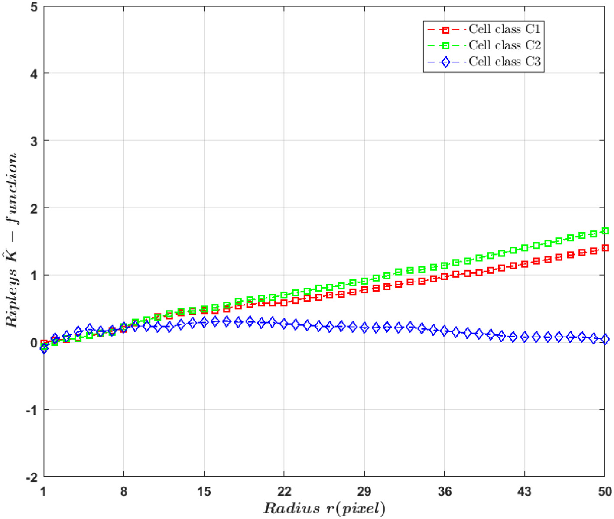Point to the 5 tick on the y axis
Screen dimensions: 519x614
[34, 7]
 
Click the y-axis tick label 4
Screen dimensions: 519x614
[34, 74]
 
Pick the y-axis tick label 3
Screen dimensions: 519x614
[34, 141]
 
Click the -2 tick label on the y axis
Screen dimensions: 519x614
[32, 477]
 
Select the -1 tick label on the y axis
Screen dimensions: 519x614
[32, 410]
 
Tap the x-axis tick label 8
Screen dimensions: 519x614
[124, 492]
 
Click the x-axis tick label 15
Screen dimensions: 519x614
[204, 492]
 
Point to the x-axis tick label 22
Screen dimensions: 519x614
[284, 492]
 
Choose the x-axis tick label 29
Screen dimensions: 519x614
[364, 492]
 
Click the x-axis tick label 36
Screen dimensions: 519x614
[445, 492]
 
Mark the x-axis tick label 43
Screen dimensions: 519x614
[525, 492]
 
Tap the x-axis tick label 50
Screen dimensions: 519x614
[605, 492]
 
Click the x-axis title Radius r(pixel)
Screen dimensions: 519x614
[324, 508]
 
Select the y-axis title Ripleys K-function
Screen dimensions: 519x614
[12, 241]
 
